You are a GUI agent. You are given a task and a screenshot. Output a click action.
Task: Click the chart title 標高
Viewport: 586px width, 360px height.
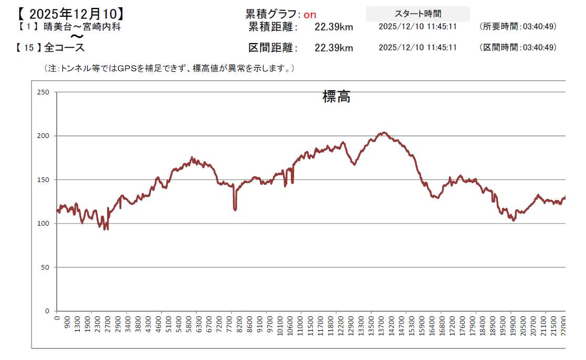[x=336, y=97]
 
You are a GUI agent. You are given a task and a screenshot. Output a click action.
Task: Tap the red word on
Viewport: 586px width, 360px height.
[x=310, y=15]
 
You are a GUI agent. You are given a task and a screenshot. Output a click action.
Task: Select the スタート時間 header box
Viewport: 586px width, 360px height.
[x=417, y=14]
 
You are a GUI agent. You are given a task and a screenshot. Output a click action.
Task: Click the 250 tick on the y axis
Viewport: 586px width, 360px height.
[x=43, y=92]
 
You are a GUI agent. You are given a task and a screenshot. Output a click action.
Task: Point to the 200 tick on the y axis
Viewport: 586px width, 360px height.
[x=43, y=136]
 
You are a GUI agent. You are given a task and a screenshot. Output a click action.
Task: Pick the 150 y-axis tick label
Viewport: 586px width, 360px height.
[x=43, y=180]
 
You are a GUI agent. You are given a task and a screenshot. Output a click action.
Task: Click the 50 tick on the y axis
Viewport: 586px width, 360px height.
[x=45, y=268]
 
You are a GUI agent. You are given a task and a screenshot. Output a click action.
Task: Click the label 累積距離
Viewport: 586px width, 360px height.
[x=273, y=27]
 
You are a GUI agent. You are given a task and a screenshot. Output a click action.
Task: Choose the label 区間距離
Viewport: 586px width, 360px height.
[x=273, y=48]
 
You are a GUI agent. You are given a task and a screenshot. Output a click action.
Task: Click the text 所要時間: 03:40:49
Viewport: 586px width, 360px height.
[x=518, y=26]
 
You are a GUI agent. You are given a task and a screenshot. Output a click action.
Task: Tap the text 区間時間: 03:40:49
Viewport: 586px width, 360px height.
[x=518, y=47]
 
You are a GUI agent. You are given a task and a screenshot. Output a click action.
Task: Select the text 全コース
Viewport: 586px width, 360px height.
[x=64, y=47]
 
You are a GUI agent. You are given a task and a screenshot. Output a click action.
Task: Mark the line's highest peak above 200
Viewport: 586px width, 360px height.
[x=384, y=133]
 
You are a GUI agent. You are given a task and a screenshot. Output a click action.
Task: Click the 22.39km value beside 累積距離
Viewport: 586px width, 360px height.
[x=334, y=27]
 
